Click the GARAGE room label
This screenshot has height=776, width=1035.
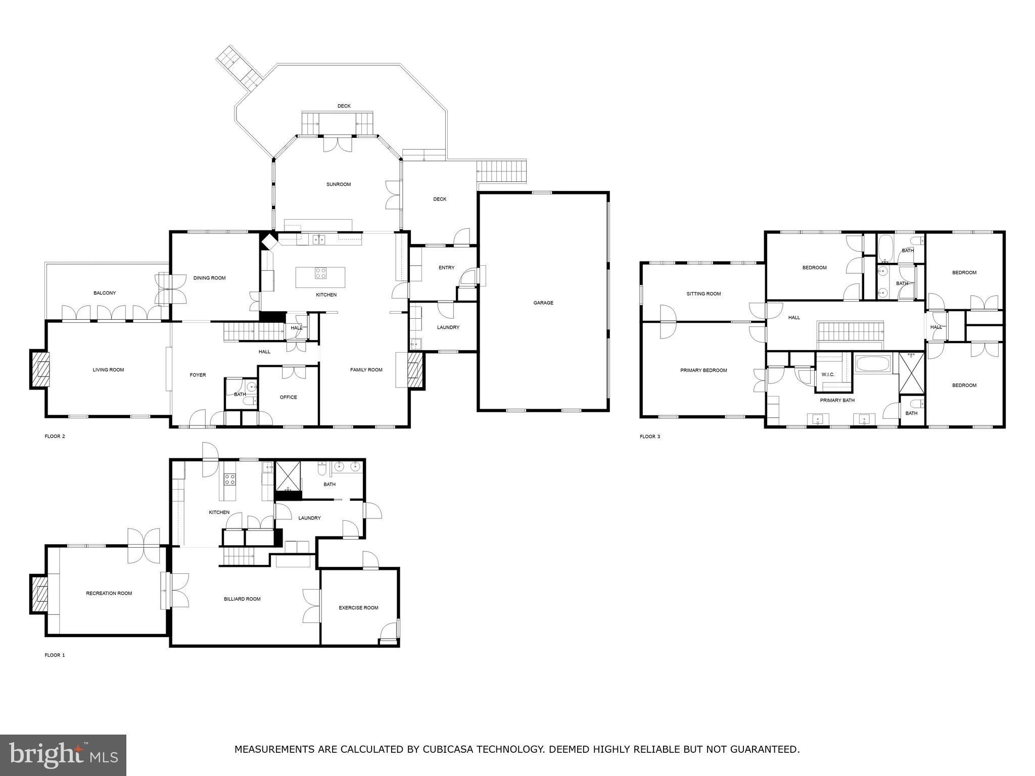pos(543,303)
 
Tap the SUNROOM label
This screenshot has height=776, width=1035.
pos(338,184)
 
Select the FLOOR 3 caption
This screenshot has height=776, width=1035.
pos(650,437)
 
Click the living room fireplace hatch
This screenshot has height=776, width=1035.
pos(40,370)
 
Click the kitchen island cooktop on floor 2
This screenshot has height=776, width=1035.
pos(320,273)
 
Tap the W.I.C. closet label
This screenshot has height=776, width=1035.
pos(828,374)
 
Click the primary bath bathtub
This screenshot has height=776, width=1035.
pos(873,364)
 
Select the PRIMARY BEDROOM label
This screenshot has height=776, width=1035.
pos(703,370)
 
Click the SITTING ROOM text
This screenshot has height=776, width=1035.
pos(703,294)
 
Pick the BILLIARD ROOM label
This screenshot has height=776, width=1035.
pos(242,599)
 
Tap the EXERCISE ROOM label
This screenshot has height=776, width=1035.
pos(358,608)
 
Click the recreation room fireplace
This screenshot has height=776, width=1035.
pos(39,594)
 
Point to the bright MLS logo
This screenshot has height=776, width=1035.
pos(63,755)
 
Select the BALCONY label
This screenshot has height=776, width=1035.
pos(105,293)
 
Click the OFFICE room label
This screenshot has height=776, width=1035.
pos(288,397)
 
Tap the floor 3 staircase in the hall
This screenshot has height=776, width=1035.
pos(850,332)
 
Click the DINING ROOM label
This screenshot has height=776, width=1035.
pos(209,278)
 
